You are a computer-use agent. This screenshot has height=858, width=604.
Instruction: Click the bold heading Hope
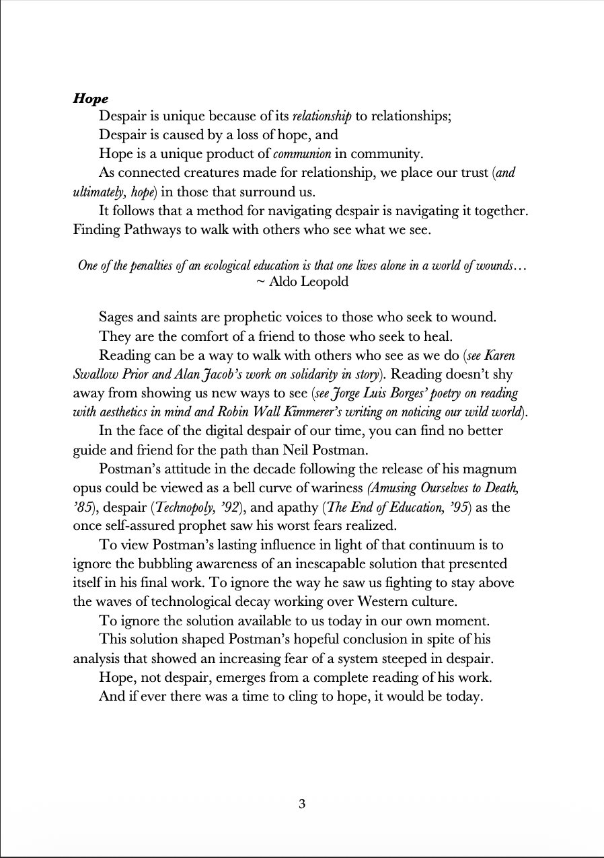91,99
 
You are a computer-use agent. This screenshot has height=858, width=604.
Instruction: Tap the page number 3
302,804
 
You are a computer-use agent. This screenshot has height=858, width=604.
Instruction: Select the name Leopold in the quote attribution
325,282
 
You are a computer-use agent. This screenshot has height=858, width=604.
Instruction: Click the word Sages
117,317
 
